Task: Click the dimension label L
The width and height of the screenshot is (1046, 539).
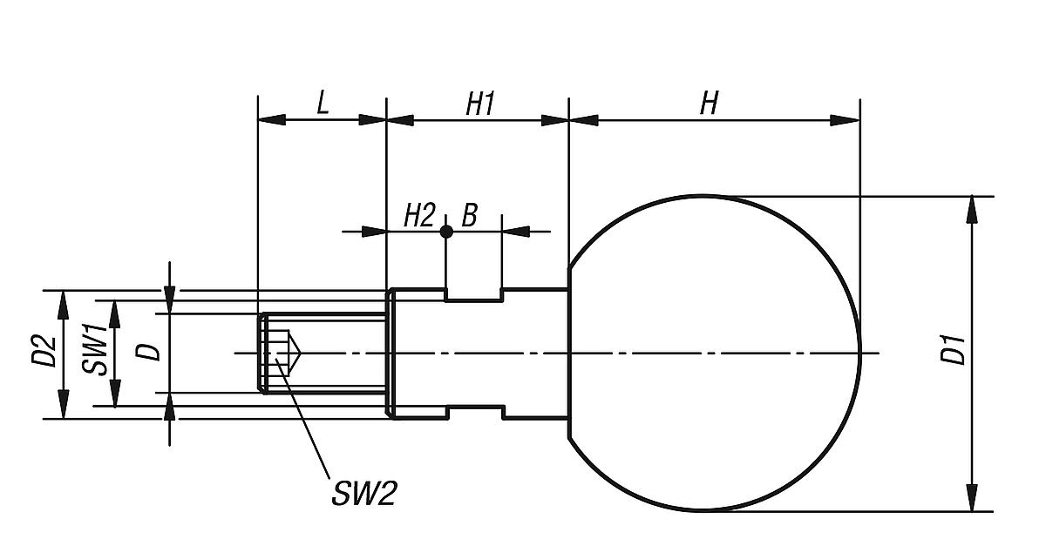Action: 323,104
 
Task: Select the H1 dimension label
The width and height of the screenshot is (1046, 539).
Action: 479,104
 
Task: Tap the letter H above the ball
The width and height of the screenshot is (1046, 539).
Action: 710,104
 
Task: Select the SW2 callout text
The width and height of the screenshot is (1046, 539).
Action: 363,494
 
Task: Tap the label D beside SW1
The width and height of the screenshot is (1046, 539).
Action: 150,351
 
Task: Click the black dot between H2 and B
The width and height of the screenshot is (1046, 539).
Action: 445,232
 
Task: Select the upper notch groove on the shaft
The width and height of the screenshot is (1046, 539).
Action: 473,295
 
